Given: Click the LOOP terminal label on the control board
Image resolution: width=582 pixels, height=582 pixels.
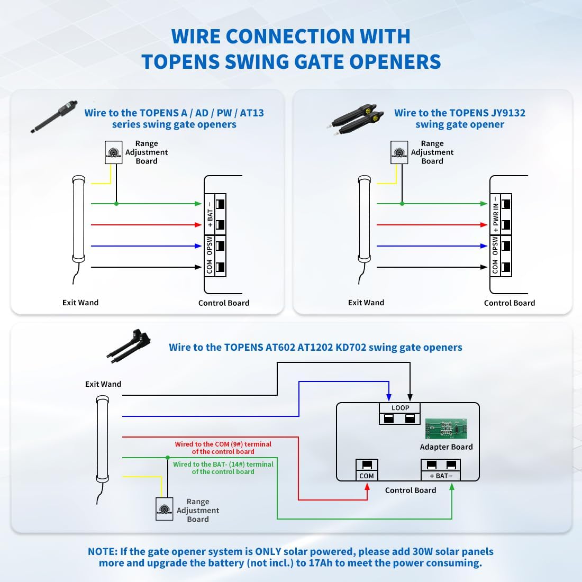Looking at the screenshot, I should pos(400,408).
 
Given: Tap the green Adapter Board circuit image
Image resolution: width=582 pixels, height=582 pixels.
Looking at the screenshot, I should pos(446,429).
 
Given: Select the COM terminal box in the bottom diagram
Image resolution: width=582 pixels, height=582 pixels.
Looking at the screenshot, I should pos(367,470).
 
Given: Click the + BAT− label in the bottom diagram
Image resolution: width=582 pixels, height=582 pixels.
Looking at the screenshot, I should pos(441,476).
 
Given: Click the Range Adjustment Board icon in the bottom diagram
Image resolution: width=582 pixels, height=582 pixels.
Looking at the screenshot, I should pos(165,509).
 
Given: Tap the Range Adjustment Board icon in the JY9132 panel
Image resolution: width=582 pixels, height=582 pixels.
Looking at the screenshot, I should pos(399,152).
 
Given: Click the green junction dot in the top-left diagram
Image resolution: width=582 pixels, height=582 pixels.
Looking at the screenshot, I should pos(116,204).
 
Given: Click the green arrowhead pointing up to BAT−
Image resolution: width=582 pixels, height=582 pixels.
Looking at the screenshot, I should pos(452,486).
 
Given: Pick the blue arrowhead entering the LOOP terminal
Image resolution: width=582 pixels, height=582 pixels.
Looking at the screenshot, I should pos(389,397).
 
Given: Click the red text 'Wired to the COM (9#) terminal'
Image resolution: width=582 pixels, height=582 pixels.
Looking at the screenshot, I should pos(223,444).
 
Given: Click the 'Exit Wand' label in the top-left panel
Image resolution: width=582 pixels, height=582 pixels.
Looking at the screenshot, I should pos(80,303).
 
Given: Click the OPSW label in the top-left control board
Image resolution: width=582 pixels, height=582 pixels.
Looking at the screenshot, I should pos(210,246).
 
